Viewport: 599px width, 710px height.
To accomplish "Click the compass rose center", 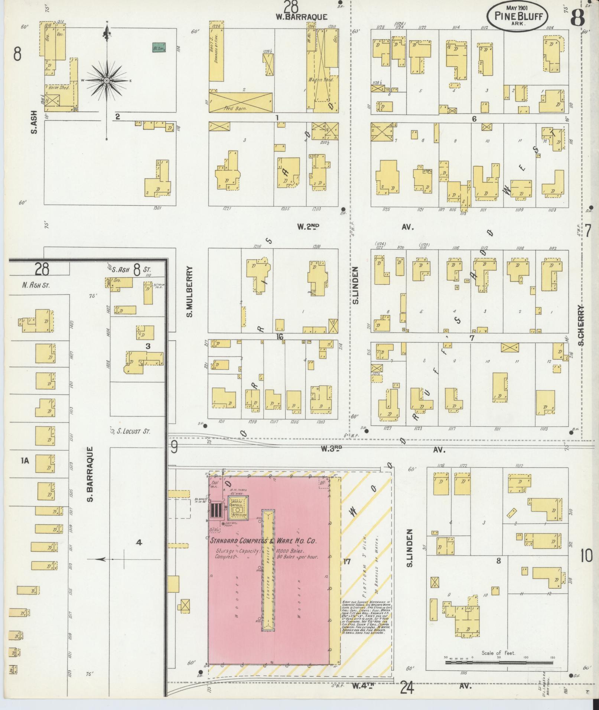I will click(x=107, y=81).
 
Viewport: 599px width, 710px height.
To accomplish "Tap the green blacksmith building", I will click(x=159, y=48).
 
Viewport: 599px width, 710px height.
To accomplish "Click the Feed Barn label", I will click(x=233, y=108).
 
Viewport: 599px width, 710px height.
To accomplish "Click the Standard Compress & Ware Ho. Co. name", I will click(x=263, y=541).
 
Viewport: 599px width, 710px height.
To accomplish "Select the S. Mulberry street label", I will click(x=189, y=292).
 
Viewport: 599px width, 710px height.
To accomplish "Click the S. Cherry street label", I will click(x=581, y=325).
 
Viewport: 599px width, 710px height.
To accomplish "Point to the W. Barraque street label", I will click(x=302, y=17).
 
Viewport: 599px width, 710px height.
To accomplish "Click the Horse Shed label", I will click(x=59, y=88).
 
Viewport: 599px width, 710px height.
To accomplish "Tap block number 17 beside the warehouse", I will click(x=346, y=572).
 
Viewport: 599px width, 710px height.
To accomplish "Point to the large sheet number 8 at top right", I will click(x=578, y=17).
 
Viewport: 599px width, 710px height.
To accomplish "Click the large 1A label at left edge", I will click(x=25, y=461).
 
